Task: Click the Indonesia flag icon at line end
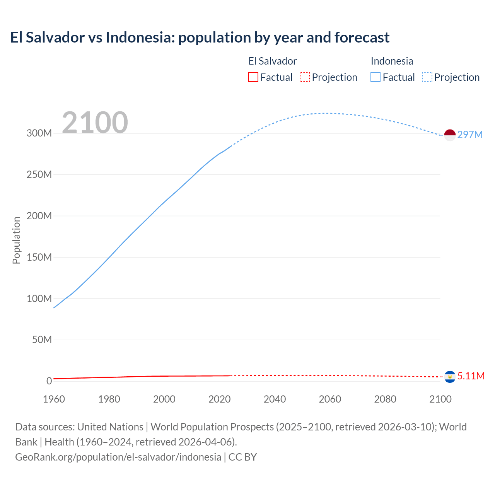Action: [x=450, y=135]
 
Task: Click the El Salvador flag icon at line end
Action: [x=450, y=376]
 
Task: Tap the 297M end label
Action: [x=470, y=135]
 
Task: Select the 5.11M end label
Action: [x=471, y=376]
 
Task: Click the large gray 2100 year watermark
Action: [x=95, y=122]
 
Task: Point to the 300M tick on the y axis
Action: [x=39, y=133]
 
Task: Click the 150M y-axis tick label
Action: [x=39, y=257]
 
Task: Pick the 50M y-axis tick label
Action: [x=42, y=340]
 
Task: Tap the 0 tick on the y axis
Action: [x=49, y=381]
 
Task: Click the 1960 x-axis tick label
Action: [x=54, y=399]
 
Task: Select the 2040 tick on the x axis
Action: [x=275, y=399]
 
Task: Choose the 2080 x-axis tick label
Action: [x=385, y=399]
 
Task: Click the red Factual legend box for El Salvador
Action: [x=253, y=77]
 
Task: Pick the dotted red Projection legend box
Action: [x=305, y=77]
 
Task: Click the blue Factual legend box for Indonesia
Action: [x=376, y=77]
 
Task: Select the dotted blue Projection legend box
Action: [x=427, y=77]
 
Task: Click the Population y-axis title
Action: [x=16, y=240]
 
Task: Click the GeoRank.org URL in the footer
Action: [x=118, y=457]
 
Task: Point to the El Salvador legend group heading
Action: [x=272, y=61]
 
